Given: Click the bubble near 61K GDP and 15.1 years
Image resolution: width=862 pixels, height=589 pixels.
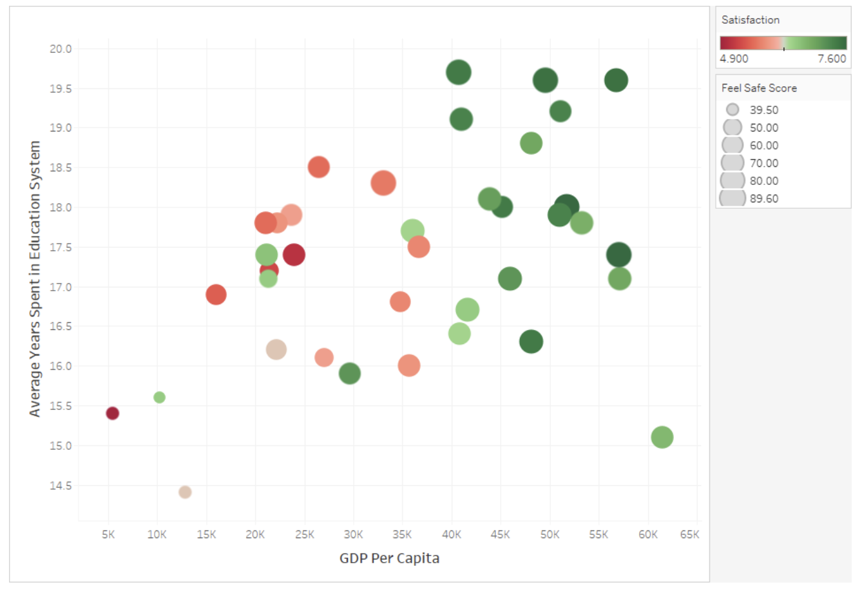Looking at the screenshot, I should [x=662, y=437].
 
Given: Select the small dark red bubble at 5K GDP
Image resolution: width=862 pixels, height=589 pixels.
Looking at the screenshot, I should [x=112, y=413].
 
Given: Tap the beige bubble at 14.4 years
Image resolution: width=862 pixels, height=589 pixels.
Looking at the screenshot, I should [x=185, y=492].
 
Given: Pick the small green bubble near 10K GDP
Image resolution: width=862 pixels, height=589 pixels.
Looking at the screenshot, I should [x=159, y=397].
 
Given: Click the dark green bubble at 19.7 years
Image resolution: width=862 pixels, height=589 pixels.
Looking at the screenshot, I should [x=458, y=72].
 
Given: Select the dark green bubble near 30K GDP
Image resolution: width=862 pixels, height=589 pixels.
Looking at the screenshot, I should [x=349, y=373].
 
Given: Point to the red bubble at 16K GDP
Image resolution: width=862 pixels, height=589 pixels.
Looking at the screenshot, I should [x=216, y=294].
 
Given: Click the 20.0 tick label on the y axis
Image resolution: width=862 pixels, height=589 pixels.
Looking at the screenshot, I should [x=61, y=49].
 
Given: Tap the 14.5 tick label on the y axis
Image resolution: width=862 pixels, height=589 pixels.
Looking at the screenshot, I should [x=61, y=485].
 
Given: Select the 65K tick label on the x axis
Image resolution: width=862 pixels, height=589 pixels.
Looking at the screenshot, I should [x=689, y=534].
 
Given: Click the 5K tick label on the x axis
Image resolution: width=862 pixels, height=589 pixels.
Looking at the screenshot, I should [x=108, y=534].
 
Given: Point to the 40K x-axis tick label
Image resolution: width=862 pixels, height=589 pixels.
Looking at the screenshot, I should [x=451, y=534].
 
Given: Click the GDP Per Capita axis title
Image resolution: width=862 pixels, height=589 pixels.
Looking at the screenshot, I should [x=389, y=558].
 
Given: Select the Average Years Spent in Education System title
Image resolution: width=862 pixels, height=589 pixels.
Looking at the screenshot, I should [x=35, y=278].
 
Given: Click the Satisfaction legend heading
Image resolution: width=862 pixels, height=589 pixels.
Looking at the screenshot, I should [x=750, y=20].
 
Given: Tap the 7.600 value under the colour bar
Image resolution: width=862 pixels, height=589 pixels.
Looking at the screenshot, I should [x=831, y=59].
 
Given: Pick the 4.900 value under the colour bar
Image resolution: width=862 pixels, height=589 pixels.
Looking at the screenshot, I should [x=734, y=59].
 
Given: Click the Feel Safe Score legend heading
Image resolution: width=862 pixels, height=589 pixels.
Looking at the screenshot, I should [x=758, y=88].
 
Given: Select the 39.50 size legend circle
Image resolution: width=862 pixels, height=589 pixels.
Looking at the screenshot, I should [x=733, y=110].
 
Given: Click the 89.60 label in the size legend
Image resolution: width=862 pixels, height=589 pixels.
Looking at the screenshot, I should [x=763, y=198].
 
